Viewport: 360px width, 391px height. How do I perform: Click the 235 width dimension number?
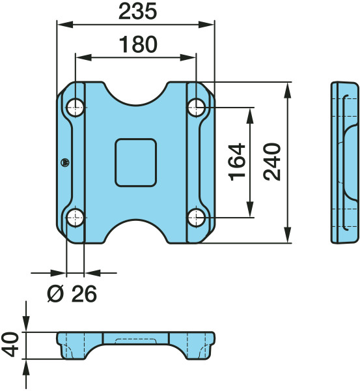[138, 12]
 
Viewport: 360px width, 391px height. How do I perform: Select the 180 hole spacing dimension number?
[138, 44]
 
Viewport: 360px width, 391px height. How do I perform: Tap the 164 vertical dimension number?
[237, 162]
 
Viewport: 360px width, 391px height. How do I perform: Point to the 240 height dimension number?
[272, 162]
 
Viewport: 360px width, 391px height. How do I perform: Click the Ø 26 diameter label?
[72, 293]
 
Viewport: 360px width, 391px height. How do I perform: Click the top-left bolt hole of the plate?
[76, 108]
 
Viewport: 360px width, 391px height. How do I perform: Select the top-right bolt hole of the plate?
[197, 108]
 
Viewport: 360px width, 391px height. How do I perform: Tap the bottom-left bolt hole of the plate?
[76, 218]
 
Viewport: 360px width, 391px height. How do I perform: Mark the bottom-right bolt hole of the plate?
[197, 218]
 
